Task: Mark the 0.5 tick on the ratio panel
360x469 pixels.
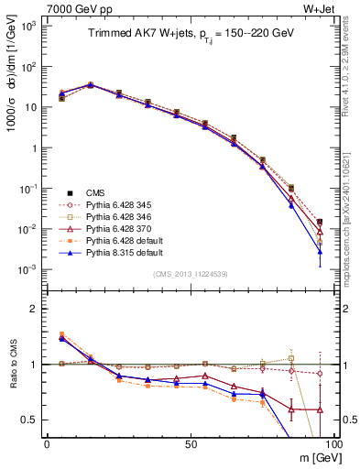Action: tap(30, 420)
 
